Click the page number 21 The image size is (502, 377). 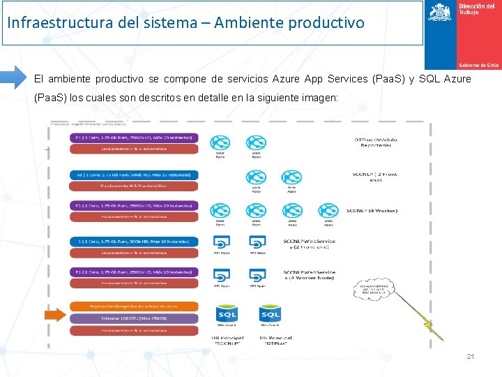click(470, 357)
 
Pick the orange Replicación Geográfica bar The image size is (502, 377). click(133, 306)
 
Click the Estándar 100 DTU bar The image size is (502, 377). click(133, 318)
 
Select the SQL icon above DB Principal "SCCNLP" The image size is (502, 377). click(227, 314)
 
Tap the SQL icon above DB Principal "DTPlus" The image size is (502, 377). click(270, 314)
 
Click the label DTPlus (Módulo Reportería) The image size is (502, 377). click(376, 143)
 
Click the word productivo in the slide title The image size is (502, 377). click(327, 22)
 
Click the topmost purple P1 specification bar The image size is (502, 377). click(133, 138)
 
